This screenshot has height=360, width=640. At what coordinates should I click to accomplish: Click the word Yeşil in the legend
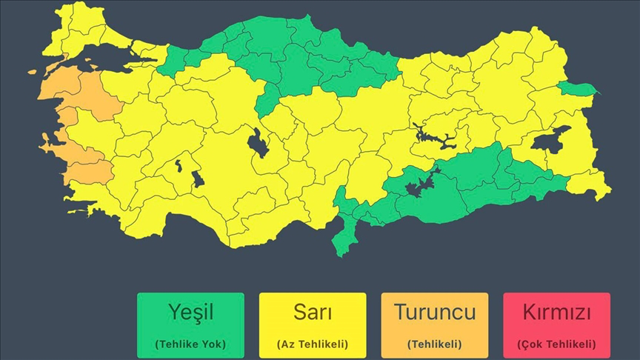(190, 313)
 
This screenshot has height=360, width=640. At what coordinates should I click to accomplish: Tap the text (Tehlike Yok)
(190, 344)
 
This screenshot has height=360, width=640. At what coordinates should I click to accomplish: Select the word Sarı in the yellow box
(312, 313)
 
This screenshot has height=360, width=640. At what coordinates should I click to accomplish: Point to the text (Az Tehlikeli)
(312, 344)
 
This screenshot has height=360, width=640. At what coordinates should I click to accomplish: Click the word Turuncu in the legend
(434, 313)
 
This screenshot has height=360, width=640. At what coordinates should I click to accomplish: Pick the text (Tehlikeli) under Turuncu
(434, 344)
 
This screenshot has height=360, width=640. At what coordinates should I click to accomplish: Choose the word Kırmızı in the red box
(556, 313)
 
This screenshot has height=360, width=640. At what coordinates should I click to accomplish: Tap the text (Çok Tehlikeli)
(556, 344)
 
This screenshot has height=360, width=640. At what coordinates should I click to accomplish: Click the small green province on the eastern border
(577, 90)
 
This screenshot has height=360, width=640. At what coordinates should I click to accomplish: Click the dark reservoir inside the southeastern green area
(419, 182)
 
